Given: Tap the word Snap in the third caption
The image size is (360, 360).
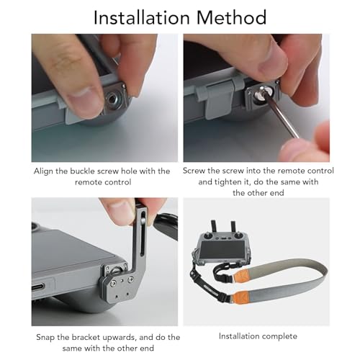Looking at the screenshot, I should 47,337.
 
